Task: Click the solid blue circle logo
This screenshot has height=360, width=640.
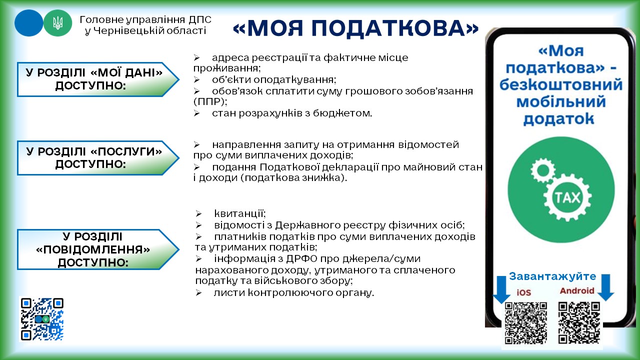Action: [x=28, y=23]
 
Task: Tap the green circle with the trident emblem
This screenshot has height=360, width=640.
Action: [x=57, y=23]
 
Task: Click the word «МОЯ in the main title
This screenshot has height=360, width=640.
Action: [x=267, y=28]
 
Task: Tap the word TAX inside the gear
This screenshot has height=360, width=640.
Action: [x=567, y=197]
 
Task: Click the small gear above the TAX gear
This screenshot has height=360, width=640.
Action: [x=542, y=170]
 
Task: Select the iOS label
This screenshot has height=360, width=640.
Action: [x=523, y=292]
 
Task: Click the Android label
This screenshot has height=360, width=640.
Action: [x=577, y=290]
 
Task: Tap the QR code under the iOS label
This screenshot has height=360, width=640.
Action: [x=525, y=323]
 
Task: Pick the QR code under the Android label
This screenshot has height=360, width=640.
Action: [x=579, y=322]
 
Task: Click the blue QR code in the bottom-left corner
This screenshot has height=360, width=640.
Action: [x=42, y=319]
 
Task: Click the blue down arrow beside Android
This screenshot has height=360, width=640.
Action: [x=605, y=287]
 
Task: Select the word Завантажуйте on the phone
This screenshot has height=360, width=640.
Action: [x=552, y=276]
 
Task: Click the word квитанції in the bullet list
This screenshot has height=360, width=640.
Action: [x=240, y=213]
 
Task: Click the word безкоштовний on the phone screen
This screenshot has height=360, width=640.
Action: [x=561, y=84]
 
